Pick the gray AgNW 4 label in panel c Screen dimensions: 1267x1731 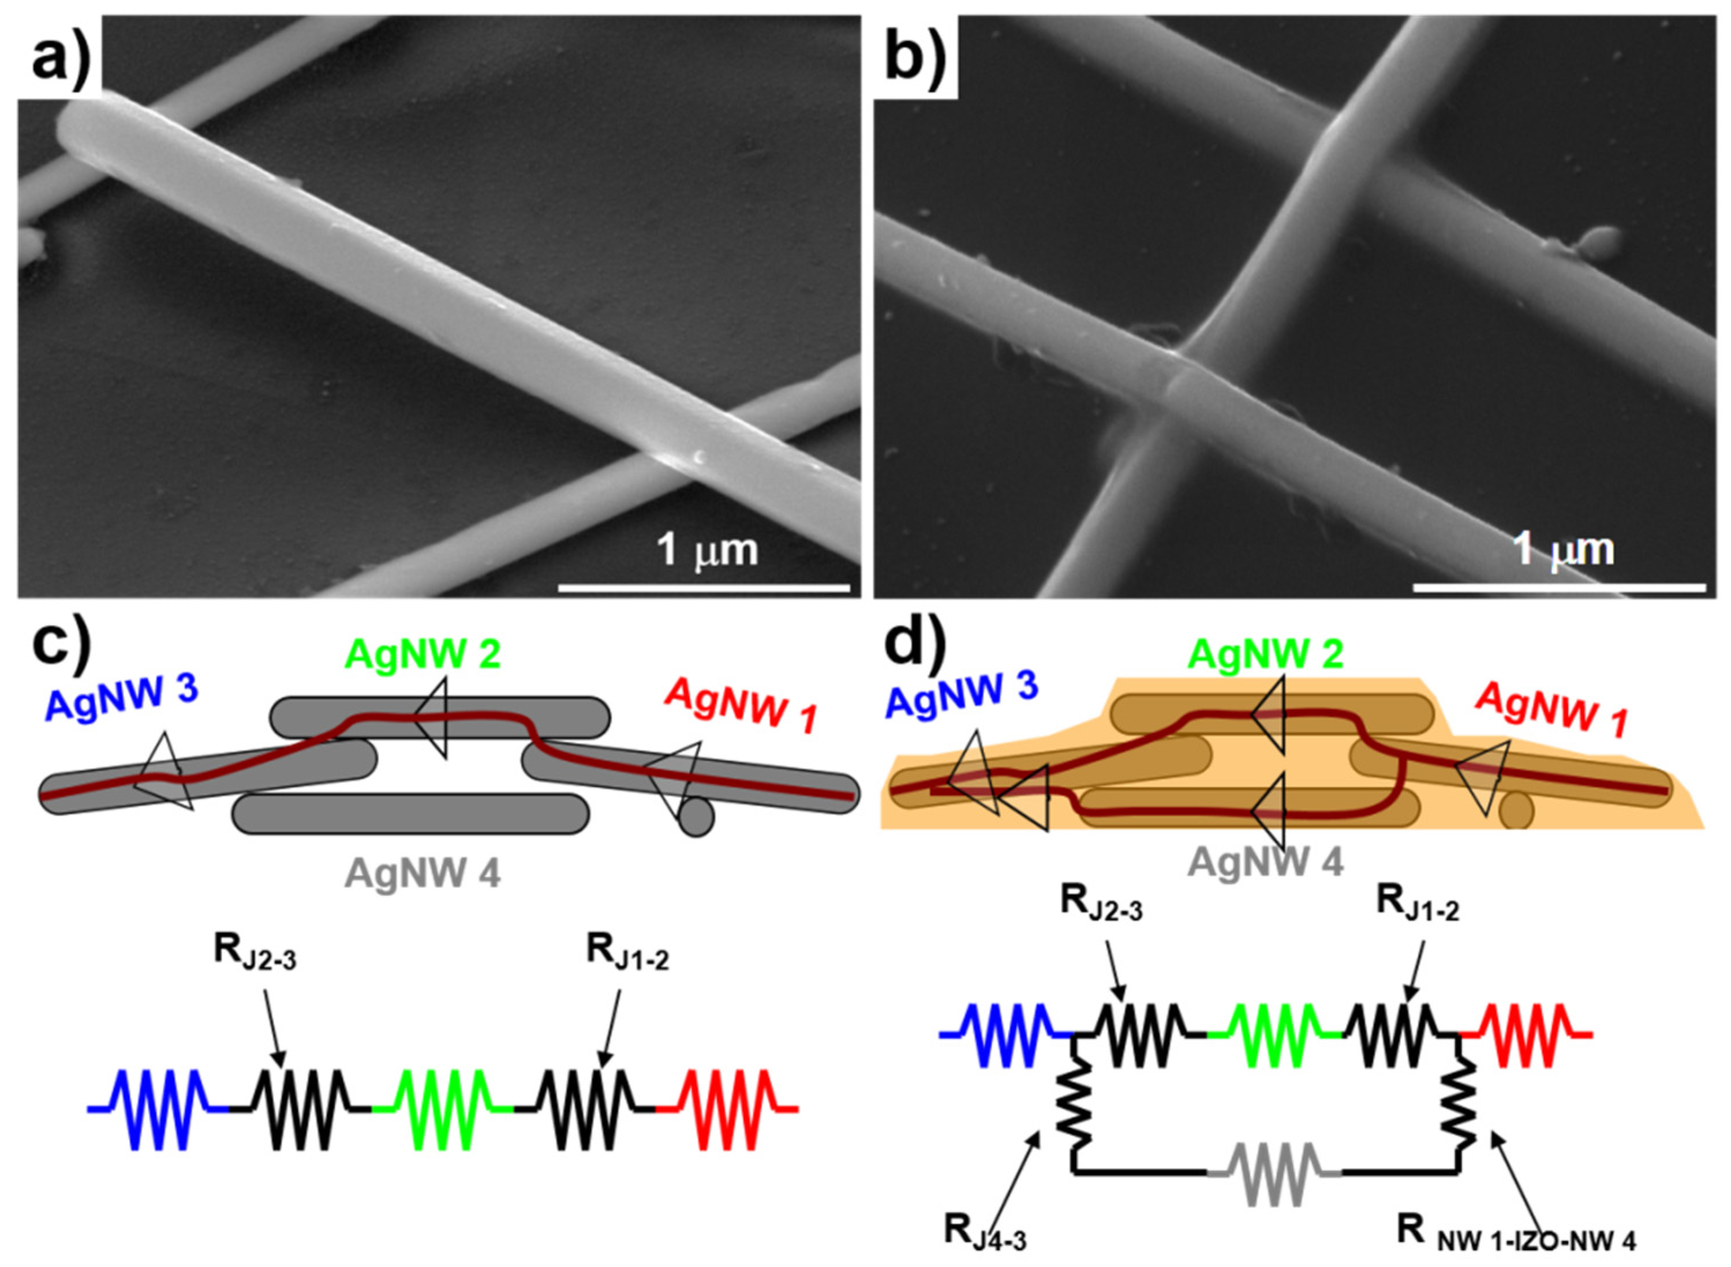click(423, 872)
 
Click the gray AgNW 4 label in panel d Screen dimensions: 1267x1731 click(1265, 863)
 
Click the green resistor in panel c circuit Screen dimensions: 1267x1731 click(443, 1108)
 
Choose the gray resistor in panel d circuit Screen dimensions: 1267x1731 click(1274, 1173)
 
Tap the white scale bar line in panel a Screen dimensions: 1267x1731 click(704, 588)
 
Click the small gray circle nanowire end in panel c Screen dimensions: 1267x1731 click(696, 817)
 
